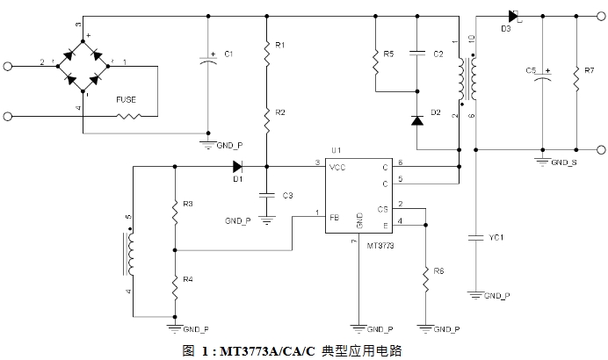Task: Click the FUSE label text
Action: (126, 99)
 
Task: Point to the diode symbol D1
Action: (237, 164)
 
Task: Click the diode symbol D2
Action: (417, 121)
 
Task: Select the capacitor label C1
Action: (228, 54)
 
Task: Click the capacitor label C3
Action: (288, 194)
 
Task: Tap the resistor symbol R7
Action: (576, 79)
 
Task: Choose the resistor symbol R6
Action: (425, 277)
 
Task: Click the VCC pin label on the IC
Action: (338, 165)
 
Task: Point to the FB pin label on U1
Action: (334, 215)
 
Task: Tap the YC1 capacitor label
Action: (497, 236)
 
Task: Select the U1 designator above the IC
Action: (336, 150)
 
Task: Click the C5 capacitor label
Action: (530, 69)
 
